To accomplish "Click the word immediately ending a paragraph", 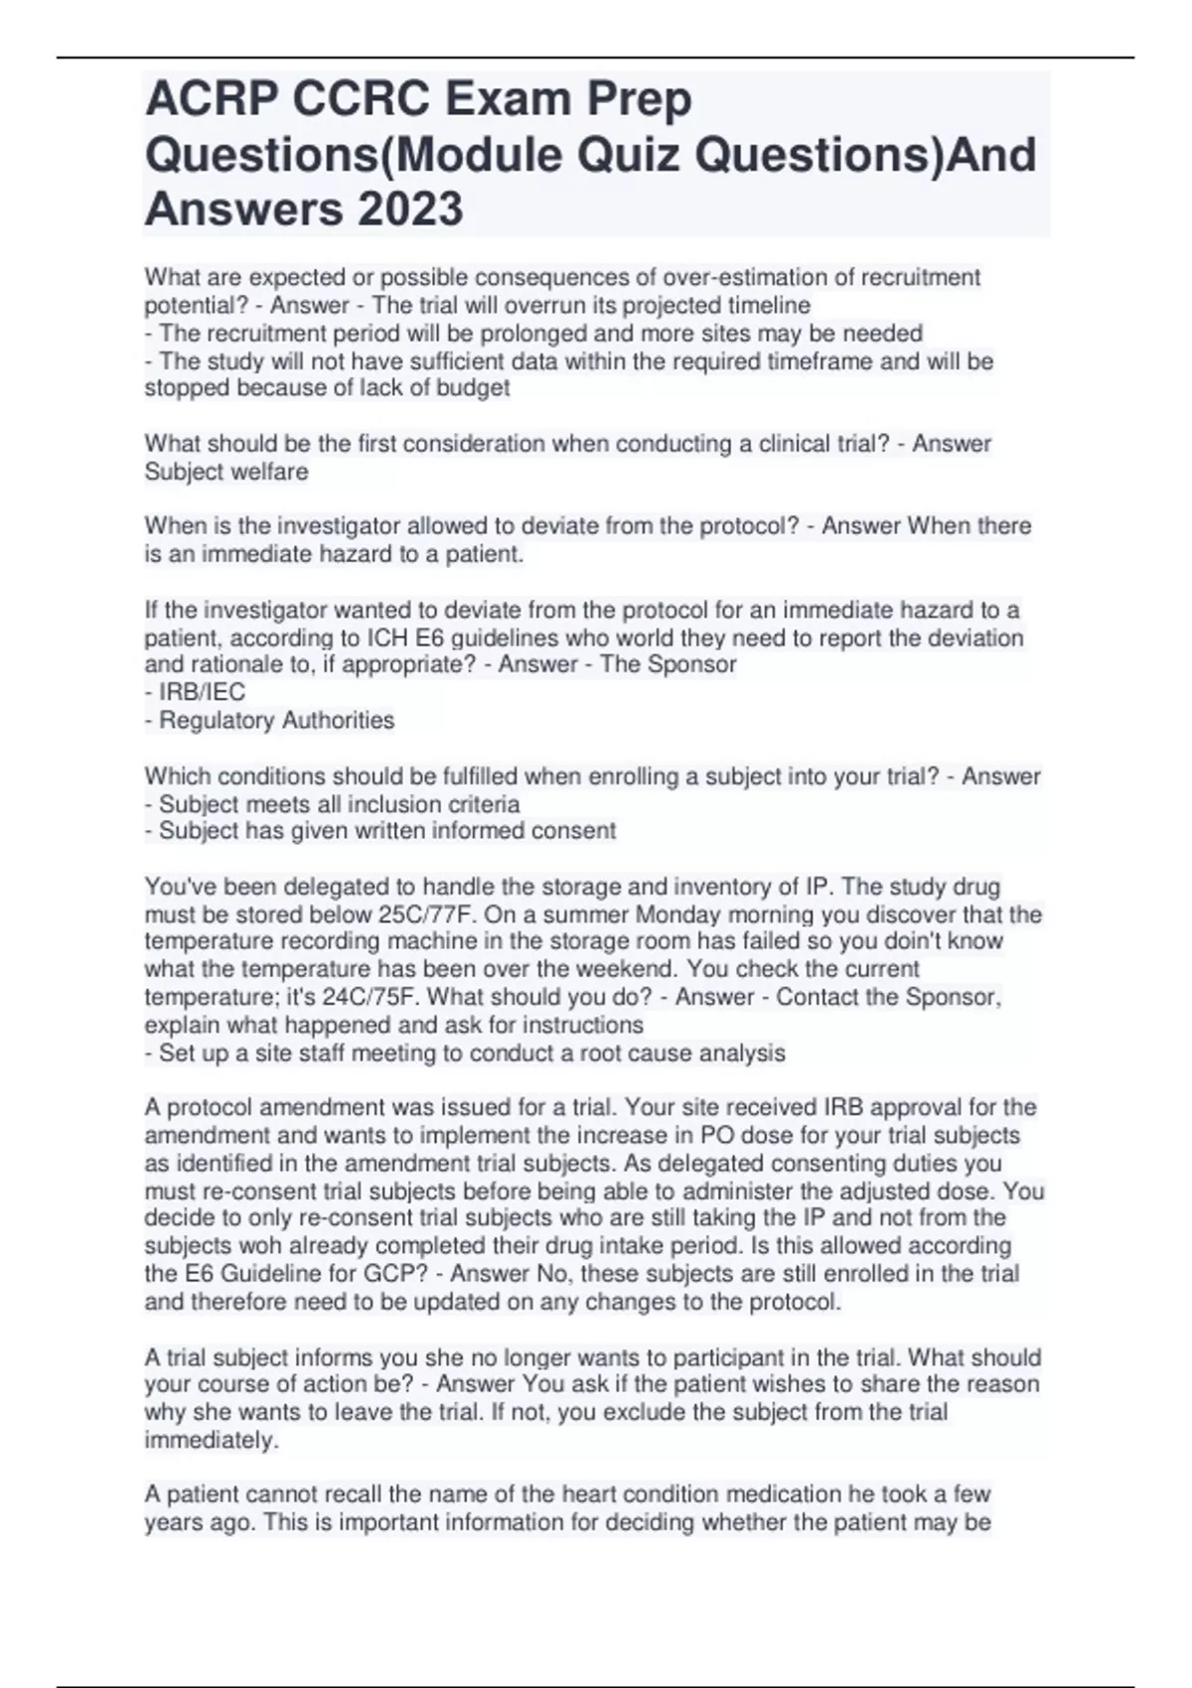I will coord(211,1440).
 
